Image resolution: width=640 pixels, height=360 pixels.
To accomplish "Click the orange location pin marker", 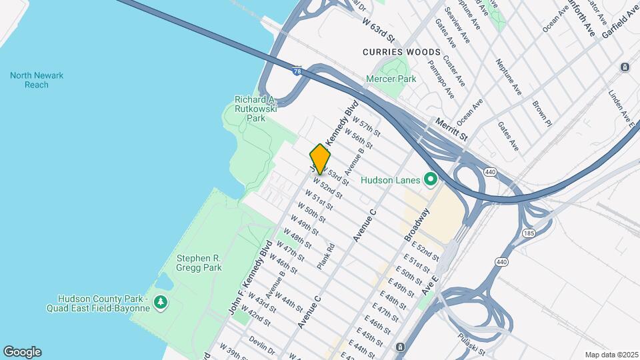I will click(320, 159).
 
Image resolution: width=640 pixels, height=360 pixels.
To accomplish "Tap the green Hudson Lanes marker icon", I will click(431, 179).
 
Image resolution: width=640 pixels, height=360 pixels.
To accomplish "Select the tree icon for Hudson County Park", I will click(161, 303).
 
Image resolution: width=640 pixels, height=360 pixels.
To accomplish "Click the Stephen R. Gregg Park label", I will click(199, 263).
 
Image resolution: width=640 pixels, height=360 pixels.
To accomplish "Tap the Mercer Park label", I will click(391, 79).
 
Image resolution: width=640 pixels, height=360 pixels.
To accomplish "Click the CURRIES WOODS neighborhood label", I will click(401, 52).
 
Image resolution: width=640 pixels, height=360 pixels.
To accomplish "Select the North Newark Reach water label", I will click(37, 80).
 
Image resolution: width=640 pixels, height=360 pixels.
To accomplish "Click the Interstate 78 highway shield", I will click(295, 70).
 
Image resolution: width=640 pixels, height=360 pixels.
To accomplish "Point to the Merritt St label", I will click(452, 129).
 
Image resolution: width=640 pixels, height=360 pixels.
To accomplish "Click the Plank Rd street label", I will click(326, 256).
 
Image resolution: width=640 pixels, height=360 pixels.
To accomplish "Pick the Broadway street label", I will click(417, 225).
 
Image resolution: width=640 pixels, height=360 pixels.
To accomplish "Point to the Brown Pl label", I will click(542, 113).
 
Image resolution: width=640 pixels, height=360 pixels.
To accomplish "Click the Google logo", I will click(23, 351).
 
